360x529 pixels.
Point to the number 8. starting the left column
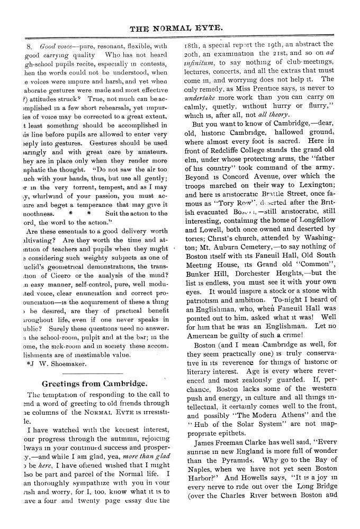point(30,45)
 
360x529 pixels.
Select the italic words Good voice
point(57,45)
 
